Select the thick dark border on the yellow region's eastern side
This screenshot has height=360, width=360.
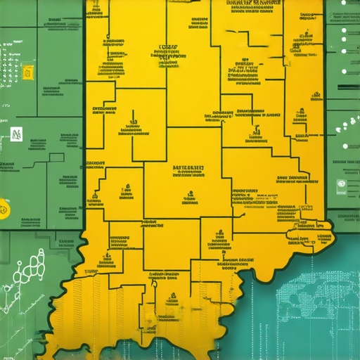pos(325,105)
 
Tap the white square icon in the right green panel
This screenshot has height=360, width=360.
pos(341,186)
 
